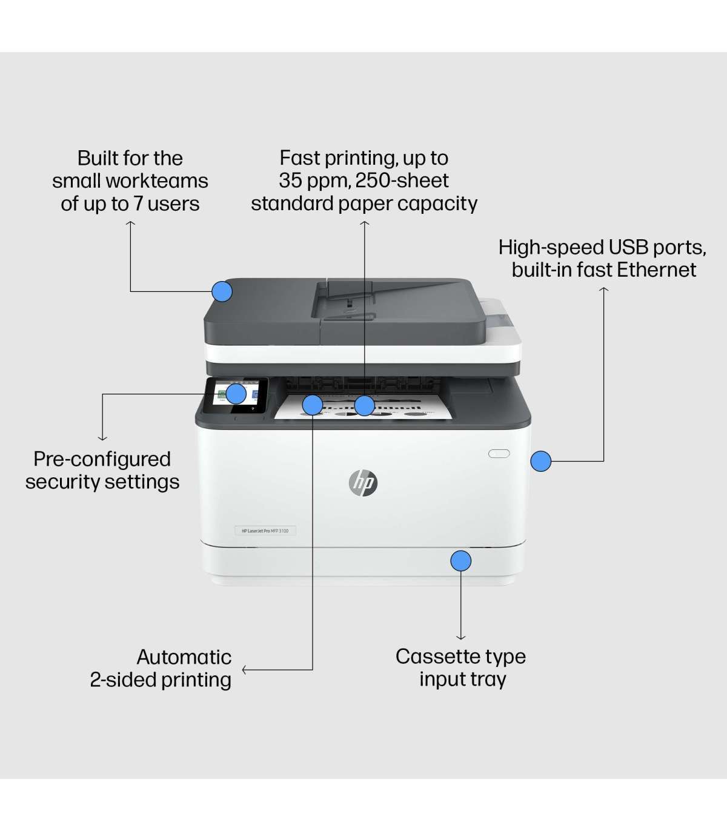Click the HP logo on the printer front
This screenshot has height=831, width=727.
pyautogui.click(x=363, y=482)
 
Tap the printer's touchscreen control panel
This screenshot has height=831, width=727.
pyautogui.click(x=236, y=397)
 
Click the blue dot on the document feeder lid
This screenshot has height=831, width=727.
pyautogui.click(x=222, y=291)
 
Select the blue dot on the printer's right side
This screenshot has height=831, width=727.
pyautogui.click(x=540, y=461)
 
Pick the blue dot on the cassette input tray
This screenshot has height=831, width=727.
pyautogui.click(x=460, y=561)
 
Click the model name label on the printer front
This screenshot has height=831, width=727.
pyautogui.click(x=265, y=531)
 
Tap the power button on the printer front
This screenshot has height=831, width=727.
pyautogui.click(x=499, y=453)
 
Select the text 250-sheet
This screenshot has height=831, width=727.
pyautogui.click(x=402, y=180)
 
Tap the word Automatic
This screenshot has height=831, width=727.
pyautogui.click(x=184, y=657)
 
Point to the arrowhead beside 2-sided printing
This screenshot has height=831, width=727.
pyautogui.click(x=244, y=670)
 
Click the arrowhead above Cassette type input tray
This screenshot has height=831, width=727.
pyautogui.click(x=460, y=637)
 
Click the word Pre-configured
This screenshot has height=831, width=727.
pyautogui.click(x=102, y=459)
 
